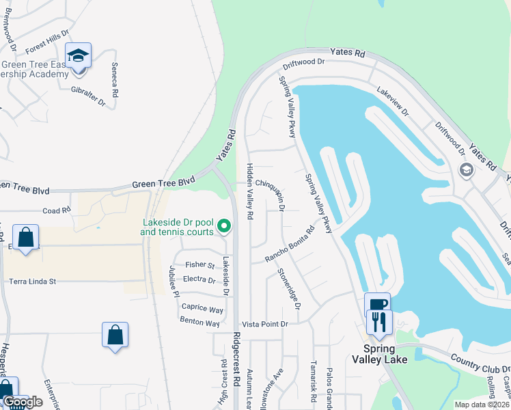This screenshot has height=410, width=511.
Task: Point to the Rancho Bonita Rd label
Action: (290, 245)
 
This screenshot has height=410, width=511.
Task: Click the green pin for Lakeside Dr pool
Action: (223, 225)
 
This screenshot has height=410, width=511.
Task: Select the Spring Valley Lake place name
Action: (381, 359)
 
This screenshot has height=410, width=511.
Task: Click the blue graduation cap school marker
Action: (79, 55)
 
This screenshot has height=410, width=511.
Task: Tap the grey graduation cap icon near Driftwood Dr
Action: (467, 169)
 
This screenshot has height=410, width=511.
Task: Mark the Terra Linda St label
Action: (32, 281)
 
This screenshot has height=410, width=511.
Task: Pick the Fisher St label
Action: (201, 265)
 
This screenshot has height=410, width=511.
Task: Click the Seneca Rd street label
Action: (115, 79)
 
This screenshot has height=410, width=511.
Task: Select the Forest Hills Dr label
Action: (48, 42)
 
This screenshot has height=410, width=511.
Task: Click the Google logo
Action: (23, 402)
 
